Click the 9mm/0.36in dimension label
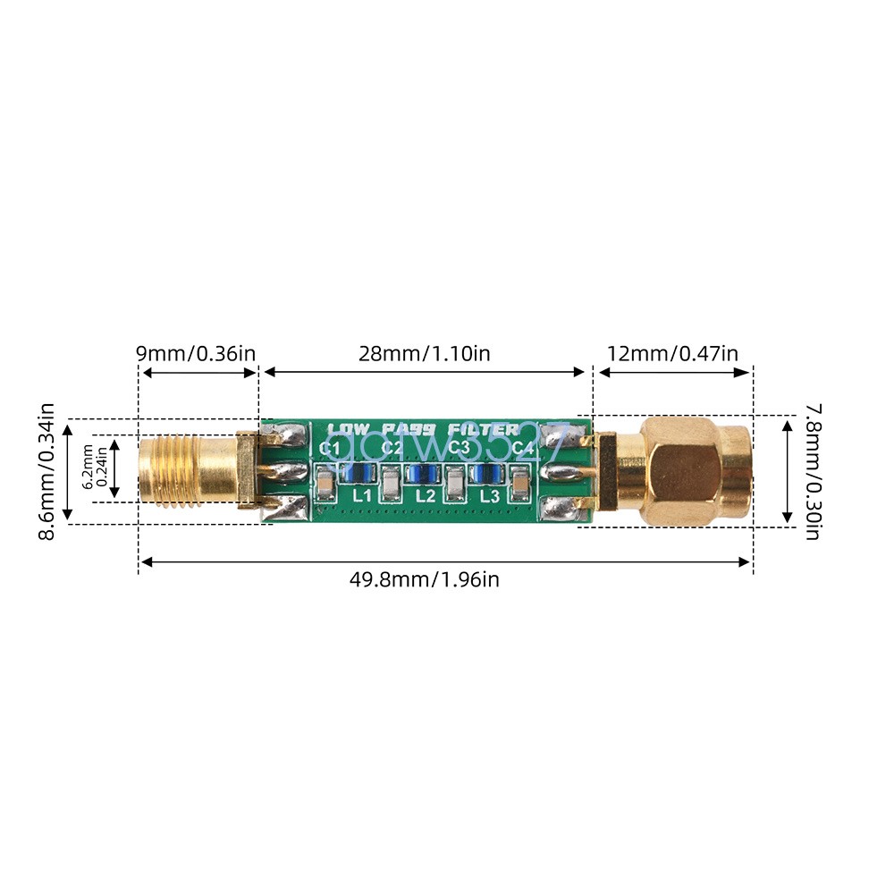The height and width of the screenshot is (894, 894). (196, 353)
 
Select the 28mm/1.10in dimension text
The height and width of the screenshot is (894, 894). (426, 353)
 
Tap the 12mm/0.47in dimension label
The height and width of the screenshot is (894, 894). (672, 353)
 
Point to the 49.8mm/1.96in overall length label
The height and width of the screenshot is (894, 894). (425, 579)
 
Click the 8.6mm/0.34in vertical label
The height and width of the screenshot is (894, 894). (46, 471)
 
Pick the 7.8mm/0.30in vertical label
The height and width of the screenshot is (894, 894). (812, 471)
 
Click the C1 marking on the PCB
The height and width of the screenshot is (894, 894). (330, 447)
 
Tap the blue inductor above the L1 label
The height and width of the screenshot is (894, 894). (360, 473)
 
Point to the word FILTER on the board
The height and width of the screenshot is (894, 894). (485, 429)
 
